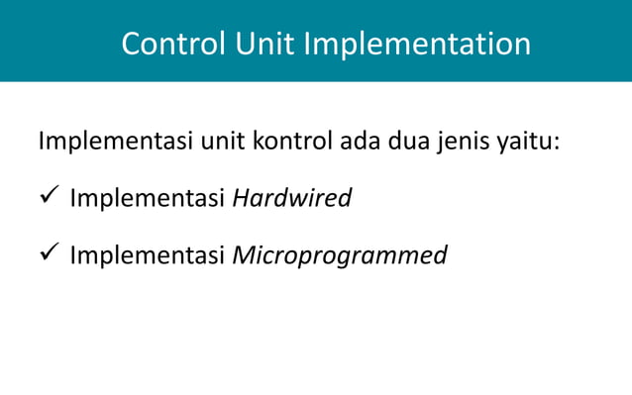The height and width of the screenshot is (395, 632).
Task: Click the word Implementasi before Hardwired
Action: pos(148,199)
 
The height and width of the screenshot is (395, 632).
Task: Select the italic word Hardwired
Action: pos(291,198)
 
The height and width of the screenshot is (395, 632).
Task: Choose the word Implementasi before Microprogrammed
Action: pos(148,256)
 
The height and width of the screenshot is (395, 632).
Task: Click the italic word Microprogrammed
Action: pos(339,256)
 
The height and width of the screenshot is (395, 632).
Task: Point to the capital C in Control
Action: pos(130,44)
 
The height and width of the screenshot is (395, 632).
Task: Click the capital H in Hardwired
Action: pos(240,198)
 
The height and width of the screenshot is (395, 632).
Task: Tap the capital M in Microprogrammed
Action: pos(243,255)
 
